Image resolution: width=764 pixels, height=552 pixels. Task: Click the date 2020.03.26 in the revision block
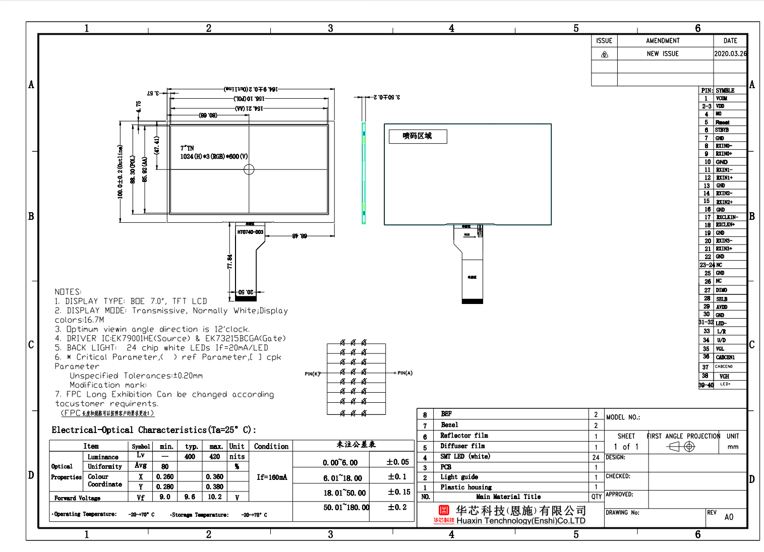click(730, 53)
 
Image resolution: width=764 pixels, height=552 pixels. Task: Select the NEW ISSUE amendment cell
click(663, 53)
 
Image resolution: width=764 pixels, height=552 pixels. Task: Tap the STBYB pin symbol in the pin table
click(722, 130)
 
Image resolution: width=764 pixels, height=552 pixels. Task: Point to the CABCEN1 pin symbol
click(725, 357)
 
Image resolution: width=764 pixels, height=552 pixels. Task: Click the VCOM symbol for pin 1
click(722, 98)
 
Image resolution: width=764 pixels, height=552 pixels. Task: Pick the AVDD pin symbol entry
click(722, 306)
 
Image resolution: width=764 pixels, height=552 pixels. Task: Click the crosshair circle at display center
click(249, 169)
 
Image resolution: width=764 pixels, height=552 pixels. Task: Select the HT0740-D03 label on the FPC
click(250, 232)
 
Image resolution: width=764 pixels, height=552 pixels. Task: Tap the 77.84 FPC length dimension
click(230, 261)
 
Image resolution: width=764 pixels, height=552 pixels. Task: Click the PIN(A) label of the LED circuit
click(405, 373)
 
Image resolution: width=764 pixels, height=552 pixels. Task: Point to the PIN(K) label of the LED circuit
click(312, 374)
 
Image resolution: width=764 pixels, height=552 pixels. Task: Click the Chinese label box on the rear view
click(418, 136)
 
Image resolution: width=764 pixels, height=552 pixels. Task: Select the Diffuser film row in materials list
click(462, 446)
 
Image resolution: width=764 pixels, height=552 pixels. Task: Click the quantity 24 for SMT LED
click(596, 457)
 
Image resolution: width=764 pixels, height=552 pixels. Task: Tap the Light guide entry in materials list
click(459, 477)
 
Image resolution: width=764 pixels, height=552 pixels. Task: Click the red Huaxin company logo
click(444, 511)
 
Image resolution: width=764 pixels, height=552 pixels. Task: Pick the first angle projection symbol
click(681, 447)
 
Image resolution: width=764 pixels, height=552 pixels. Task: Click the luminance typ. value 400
click(190, 457)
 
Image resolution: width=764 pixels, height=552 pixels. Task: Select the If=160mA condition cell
click(271, 477)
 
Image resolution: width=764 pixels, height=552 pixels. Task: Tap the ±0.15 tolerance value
click(399, 492)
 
